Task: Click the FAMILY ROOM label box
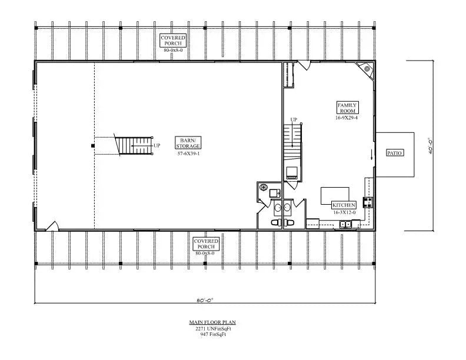coord(347,107)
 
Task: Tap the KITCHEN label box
coord(344,205)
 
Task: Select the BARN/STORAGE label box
coord(188,142)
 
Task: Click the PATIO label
coord(394,153)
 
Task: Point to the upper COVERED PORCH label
coord(174,40)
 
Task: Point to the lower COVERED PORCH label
coord(206,244)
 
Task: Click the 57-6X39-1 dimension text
coord(188,154)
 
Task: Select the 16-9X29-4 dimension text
coord(347,118)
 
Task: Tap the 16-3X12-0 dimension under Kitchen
coord(344,212)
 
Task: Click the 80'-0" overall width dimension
coord(204,300)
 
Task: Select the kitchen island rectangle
coord(335,195)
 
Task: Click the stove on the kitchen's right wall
coord(368,203)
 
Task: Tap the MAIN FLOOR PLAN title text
coord(204,322)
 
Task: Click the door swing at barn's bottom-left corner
coord(52,226)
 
